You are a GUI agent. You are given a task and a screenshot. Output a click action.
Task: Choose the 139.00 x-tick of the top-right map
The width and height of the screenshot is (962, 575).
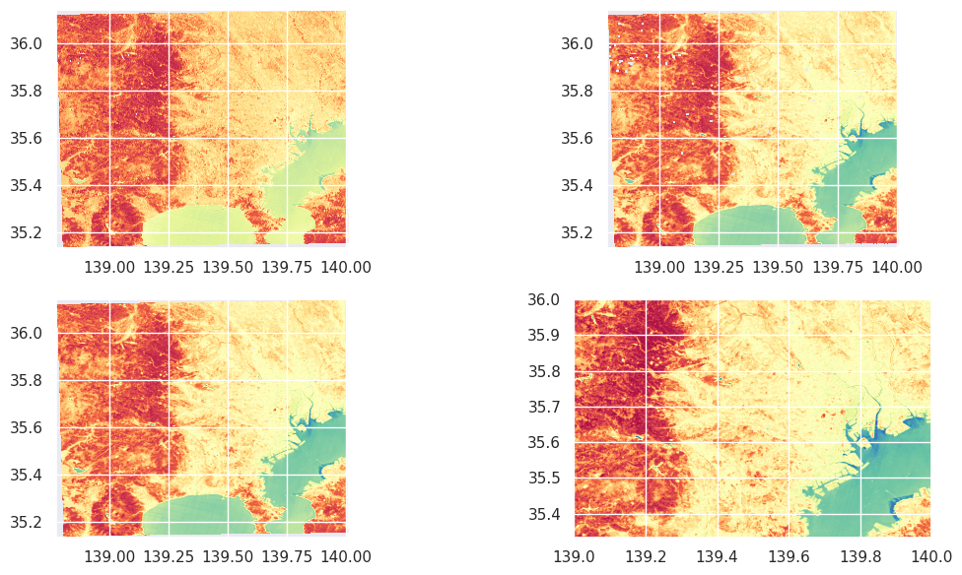[659, 267]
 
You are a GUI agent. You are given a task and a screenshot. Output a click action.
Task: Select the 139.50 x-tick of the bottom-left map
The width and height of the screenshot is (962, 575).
[228, 556]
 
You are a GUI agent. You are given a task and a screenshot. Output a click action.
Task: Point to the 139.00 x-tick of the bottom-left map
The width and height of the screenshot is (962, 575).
[109, 556]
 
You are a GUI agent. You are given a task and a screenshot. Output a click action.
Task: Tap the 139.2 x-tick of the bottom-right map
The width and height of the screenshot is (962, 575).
[646, 556]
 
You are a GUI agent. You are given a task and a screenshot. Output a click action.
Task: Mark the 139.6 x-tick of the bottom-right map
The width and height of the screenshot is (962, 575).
[789, 556]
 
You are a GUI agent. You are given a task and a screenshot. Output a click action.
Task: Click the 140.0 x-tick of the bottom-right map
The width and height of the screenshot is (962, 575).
[930, 556]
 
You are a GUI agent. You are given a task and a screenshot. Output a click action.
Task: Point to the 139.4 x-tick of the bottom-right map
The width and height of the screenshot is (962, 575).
[718, 556]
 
